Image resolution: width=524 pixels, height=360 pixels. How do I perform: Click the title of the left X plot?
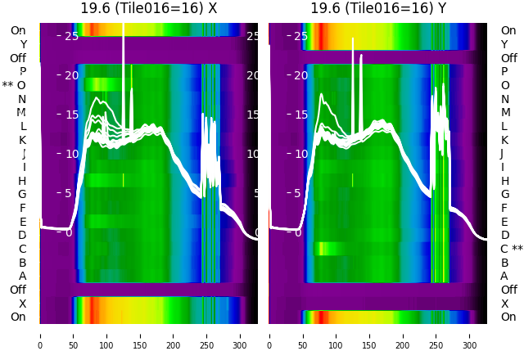point(148,8)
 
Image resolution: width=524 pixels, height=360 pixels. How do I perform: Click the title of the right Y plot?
point(378,8)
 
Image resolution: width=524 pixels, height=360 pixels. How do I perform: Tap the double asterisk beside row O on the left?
point(7,86)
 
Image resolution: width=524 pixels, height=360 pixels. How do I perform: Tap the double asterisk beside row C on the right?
point(517,250)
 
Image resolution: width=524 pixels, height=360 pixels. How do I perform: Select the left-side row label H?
point(22,181)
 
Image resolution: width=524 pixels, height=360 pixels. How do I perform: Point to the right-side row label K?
point(504,140)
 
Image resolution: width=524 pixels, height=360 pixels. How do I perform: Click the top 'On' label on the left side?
point(18,31)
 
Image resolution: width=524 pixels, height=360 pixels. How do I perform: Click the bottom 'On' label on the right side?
point(508,317)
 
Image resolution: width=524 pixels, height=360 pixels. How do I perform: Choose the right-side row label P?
point(505,72)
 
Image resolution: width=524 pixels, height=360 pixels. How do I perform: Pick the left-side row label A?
point(22,277)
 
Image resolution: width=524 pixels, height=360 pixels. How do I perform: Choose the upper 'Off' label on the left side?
point(18,58)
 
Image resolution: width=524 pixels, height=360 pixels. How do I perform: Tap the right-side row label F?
point(504,208)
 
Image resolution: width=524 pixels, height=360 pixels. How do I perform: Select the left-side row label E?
point(22,222)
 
